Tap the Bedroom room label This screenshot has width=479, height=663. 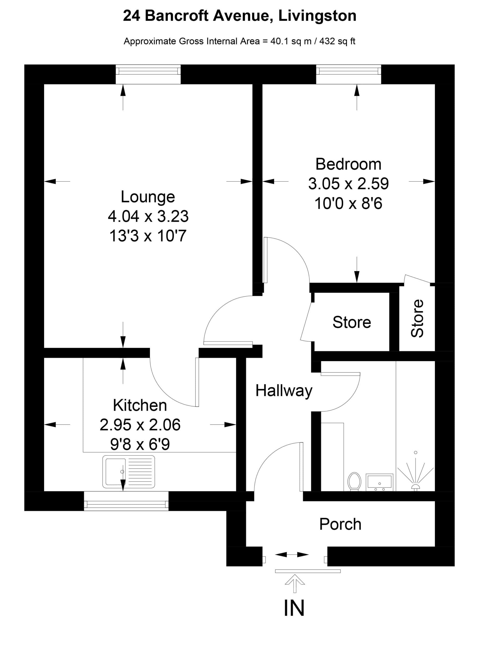[348, 164]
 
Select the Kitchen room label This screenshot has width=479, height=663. [140, 406]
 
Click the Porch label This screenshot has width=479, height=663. [340, 524]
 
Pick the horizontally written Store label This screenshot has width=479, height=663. [352, 322]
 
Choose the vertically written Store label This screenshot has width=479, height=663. [417, 318]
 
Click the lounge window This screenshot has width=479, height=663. [148, 74]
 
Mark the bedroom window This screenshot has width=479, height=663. [349, 74]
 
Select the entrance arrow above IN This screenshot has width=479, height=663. [295, 583]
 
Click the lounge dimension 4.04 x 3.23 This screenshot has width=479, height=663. [148, 216]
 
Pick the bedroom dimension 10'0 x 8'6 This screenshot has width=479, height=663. [348, 204]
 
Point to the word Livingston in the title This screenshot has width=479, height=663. [317, 16]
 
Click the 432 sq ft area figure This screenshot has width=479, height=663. [337, 41]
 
